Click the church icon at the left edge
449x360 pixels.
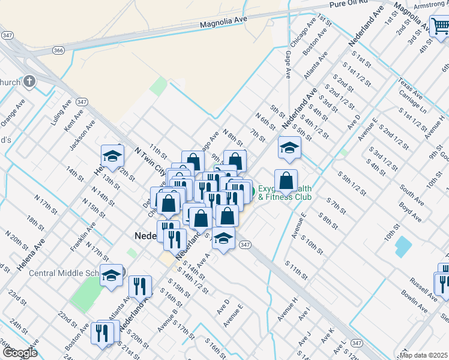click(x=29, y=82)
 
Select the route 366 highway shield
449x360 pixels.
click(x=58, y=50)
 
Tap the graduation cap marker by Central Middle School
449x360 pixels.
click(x=111, y=275)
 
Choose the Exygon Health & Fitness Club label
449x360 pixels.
click(x=285, y=192)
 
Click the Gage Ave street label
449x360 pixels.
click(x=289, y=64)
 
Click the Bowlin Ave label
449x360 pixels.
click(x=414, y=300)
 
